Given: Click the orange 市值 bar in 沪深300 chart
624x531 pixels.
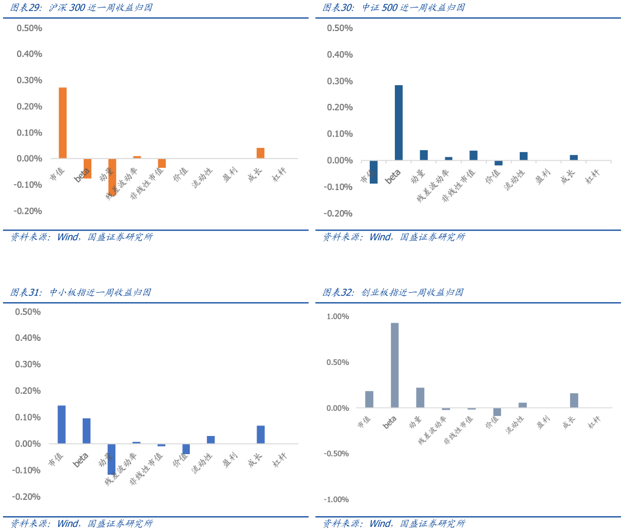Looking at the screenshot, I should (63, 123).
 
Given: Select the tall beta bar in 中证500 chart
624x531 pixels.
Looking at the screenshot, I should (398, 123).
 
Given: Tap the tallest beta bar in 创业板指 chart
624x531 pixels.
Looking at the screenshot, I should (394, 365).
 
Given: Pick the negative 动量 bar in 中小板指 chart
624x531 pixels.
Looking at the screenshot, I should (111, 459).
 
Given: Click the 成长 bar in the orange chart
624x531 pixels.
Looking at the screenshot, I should (260, 153).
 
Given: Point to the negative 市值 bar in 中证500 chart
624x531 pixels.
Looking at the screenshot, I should (373, 172).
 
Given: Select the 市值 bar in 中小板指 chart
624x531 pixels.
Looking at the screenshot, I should (62, 424).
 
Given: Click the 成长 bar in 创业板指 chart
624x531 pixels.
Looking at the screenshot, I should (574, 400).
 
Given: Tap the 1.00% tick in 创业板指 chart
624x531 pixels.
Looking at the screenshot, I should (337, 317).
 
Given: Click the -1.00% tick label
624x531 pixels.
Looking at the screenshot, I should (336, 500).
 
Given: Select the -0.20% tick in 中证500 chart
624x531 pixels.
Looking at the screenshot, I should (339, 214).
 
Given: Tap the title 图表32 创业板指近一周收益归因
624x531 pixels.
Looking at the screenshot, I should (393, 292).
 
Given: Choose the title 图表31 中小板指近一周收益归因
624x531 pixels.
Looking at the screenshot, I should (81, 292).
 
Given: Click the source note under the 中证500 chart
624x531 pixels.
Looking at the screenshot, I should (394, 237).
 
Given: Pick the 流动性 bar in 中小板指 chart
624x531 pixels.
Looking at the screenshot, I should (210, 439).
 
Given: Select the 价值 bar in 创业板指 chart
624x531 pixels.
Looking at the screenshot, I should (497, 412).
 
